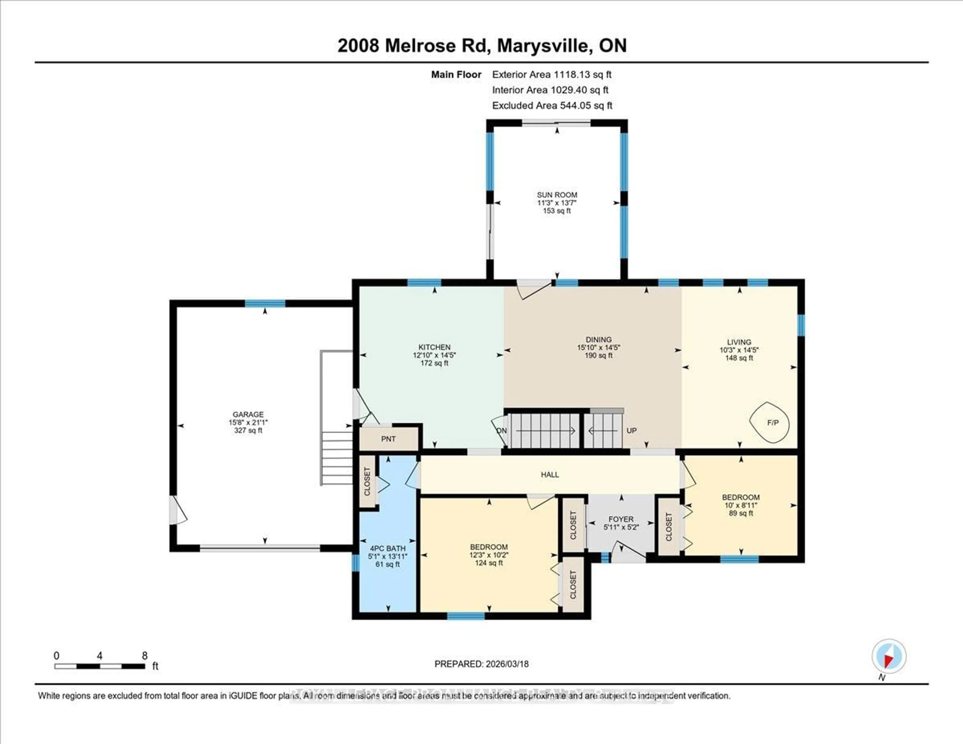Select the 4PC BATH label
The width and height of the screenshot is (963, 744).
[387, 548]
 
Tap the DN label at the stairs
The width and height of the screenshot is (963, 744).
[502, 430]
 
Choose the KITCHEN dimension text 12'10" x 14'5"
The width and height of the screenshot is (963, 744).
[434, 355]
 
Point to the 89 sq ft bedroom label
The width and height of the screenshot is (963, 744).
[741, 513]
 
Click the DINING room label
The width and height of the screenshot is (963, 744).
[598, 340]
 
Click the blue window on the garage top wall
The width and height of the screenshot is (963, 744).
[265, 303]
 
